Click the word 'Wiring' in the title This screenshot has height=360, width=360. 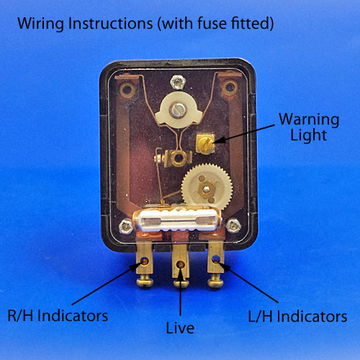click(x=41, y=24)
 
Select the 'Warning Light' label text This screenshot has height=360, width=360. click(x=309, y=127)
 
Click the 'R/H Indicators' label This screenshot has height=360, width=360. click(x=58, y=315)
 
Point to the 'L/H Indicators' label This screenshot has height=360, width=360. click(x=297, y=316)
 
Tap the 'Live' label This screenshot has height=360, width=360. click(x=180, y=328)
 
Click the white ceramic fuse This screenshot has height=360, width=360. click(x=177, y=220)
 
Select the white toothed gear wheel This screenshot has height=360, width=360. click(x=207, y=188)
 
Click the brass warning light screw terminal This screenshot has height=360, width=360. click(x=205, y=144)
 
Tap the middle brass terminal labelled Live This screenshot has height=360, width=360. click(x=181, y=265)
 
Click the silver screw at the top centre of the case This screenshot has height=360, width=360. click(x=178, y=82)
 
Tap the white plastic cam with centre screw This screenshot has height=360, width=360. click(x=178, y=110)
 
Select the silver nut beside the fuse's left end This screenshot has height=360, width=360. click(x=126, y=226)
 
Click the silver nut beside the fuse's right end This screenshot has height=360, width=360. click(x=233, y=225)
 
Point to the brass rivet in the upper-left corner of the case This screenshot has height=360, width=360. click(x=127, y=90)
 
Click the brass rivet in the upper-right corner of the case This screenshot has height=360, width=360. click(x=230, y=88)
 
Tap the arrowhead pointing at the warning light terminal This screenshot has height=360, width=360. click(x=219, y=140)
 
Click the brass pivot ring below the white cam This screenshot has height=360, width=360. click(x=179, y=158)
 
